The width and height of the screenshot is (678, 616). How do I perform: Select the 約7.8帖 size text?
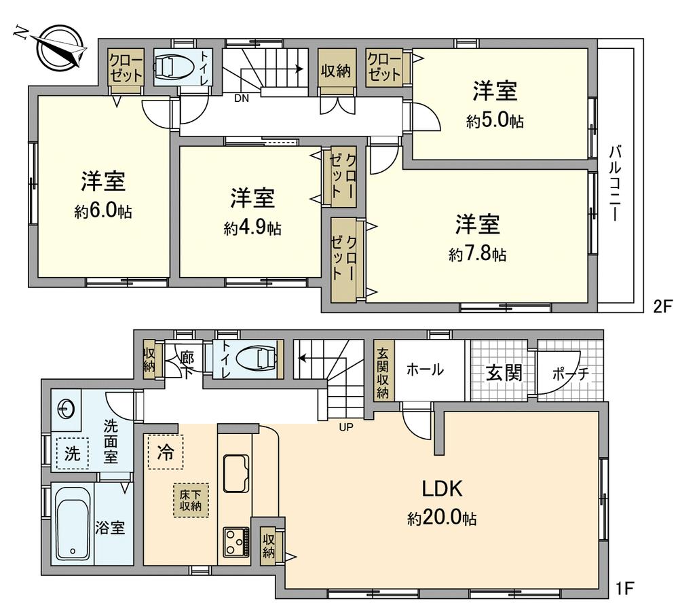[x=477, y=255]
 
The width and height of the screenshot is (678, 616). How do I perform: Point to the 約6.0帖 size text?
[x=103, y=211]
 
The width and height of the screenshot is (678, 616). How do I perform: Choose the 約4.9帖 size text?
[x=252, y=228]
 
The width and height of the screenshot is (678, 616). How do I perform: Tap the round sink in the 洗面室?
[x=66, y=409]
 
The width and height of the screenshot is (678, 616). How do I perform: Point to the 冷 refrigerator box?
[x=165, y=451]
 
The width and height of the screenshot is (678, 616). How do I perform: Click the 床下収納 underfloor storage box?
[x=190, y=500]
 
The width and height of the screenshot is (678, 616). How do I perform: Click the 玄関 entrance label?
[x=504, y=372]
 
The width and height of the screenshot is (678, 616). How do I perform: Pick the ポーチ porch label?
[x=569, y=373]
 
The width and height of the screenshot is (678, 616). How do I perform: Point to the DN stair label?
[x=241, y=97]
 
